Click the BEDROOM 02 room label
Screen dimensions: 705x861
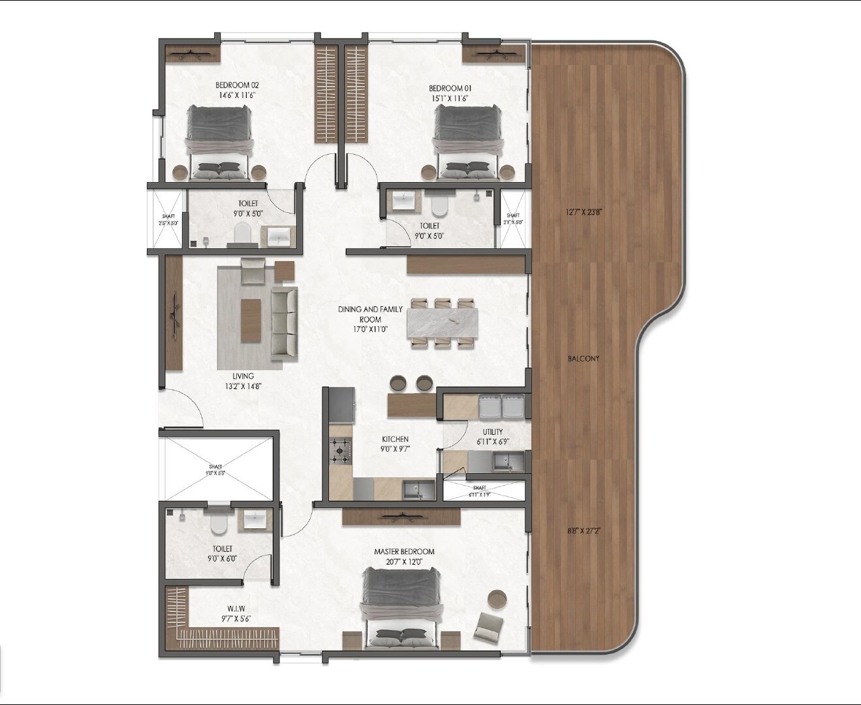click(238, 85)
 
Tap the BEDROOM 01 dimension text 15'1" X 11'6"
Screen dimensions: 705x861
click(450, 99)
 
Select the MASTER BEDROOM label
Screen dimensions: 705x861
click(404, 552)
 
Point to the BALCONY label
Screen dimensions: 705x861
click(583, 358)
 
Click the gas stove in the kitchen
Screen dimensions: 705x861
click(341, 450)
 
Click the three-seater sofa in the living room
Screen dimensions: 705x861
click(283, 322)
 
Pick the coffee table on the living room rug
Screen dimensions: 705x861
click(250, 321)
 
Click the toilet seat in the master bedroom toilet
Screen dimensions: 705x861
click(218, 522)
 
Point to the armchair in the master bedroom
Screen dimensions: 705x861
click(488, 627)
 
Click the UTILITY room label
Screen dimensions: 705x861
click(493, 431)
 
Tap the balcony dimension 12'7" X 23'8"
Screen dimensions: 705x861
click(583, 211)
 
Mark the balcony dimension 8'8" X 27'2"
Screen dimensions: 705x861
click(583, 531)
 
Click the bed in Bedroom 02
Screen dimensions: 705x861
click(219, 142)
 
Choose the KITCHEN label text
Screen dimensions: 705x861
click(395, 439)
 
